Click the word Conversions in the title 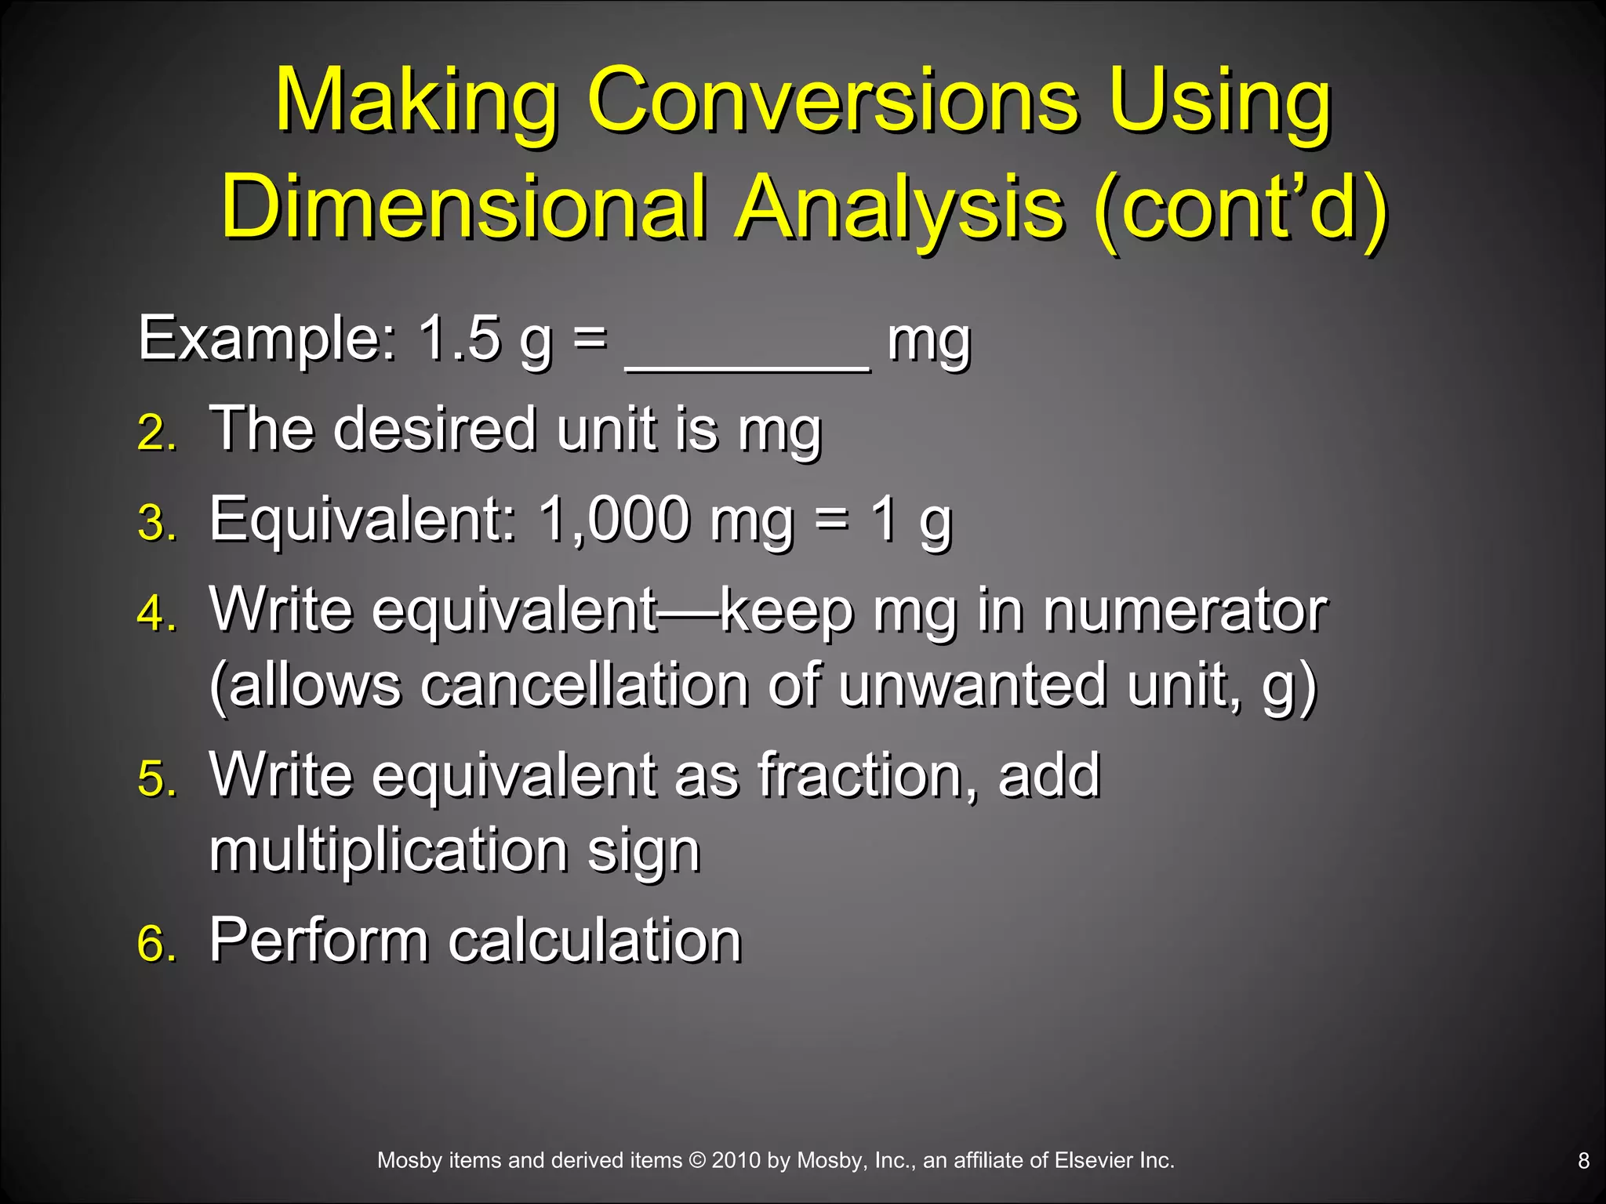pyautogui.click(x=833, y=102)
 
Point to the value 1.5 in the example pyautogui.click(x=460, y=339)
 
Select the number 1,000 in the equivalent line pyautogui.click(x=615, y=520)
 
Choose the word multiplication pyautogui.click(x=389, y=851)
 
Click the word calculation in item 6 pyautogui.click(x=594, y=941)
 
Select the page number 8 pyautogui.click(x=1583, y=1162)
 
